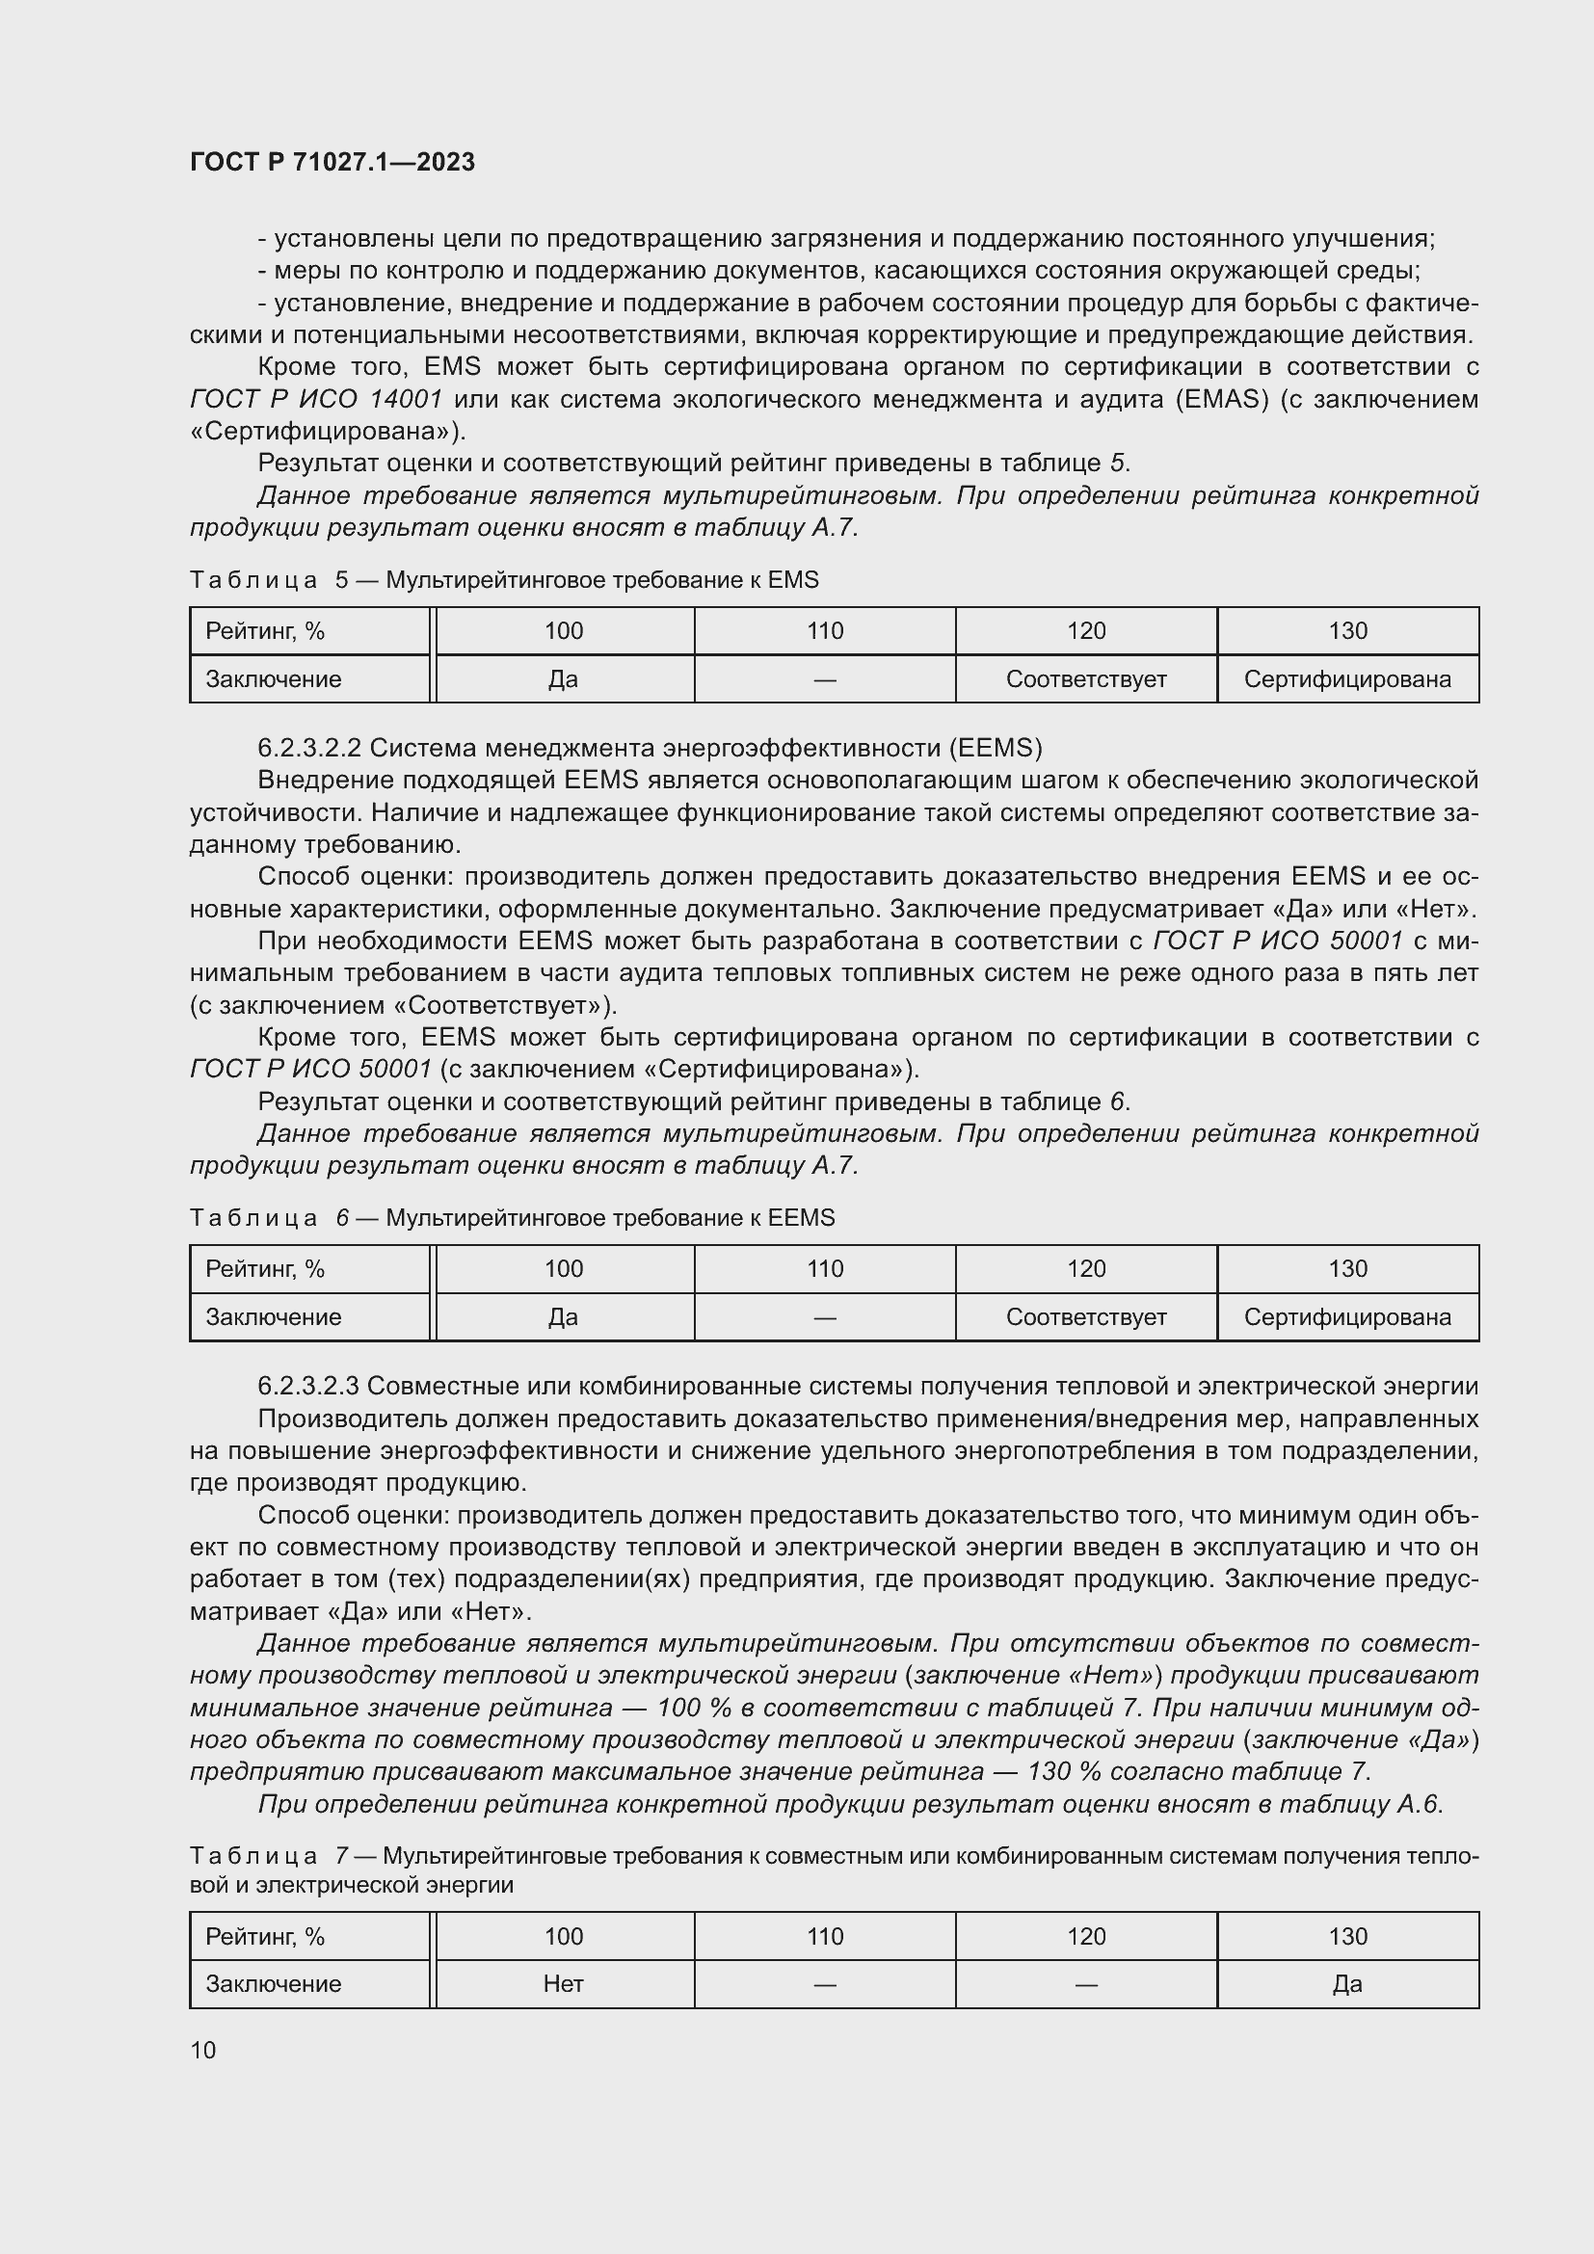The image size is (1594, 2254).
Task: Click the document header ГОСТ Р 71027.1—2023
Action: [x=332, y=162]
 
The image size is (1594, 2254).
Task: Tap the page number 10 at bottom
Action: [x=203, y=2050]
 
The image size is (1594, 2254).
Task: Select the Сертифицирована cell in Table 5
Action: [x=1346, y=679]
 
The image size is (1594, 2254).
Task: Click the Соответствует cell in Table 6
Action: [x=1085, y=1317]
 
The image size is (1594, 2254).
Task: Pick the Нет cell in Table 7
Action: [x=564, y=1984]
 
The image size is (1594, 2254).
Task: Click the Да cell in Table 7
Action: [x=1346, y=1984]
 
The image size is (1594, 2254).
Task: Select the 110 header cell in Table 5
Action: [x=825, y=631]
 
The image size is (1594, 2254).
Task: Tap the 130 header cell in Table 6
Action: [x=1346, y=1269]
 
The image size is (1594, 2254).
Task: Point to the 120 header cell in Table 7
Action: [x=1085, y=1936]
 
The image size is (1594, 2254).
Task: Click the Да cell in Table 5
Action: [x=564, y=679]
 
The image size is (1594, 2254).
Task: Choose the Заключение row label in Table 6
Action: [x=273, y=1317]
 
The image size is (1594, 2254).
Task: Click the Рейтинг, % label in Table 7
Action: [x=265, y=1936]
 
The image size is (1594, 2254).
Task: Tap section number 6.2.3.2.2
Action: [x=309, y=749]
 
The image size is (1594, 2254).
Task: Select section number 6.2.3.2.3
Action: [x=308, y=1386]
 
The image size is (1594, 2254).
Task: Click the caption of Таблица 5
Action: [x=503, y=580]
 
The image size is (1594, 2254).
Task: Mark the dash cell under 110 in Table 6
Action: [x=825, y=1317]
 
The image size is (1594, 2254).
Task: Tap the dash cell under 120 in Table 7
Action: [x=1085, y=1984]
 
